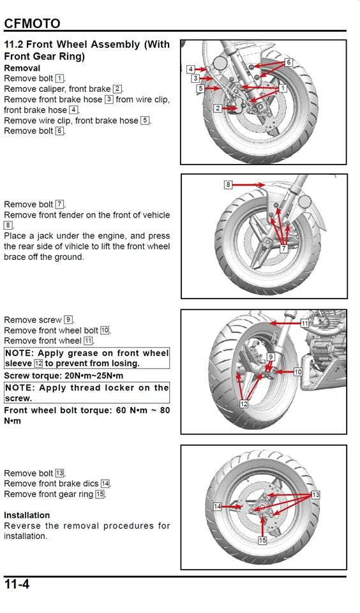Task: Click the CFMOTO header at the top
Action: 32,24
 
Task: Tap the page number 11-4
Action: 17,584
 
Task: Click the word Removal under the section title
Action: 22,68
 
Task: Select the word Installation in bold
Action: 27,515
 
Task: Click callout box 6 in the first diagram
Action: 289,63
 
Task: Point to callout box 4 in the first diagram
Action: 191,69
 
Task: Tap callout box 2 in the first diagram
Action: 217,108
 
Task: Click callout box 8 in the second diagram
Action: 228,185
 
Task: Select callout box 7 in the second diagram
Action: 283,249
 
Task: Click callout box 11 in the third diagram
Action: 305,323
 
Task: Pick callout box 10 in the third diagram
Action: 297,371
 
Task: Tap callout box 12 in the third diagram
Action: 243,404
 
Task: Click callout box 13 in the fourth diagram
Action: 315,494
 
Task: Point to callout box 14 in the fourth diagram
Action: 217,506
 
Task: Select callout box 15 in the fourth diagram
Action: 262,540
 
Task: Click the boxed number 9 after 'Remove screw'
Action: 68,320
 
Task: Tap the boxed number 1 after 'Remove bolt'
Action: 59,78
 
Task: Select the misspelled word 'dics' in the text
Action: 89,484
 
